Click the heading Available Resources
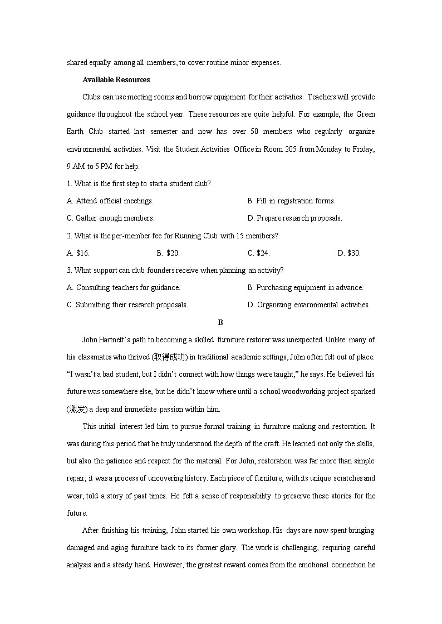click(x=116, y=79)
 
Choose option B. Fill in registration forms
click(x=291, y=201)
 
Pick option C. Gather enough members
click(x=110, y=218)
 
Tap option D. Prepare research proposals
click(x=294, y=218)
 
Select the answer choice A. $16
click(x=78, y=253)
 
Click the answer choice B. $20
click(x=168, y=253)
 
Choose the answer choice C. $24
click(x=258, y=253)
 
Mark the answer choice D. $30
click(x=349, y=253)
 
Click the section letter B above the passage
click(x=220, y=322)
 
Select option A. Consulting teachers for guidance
click(x=124, y=287)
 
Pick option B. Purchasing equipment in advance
click(x=305, y=287)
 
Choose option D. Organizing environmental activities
click(x=308, y=304)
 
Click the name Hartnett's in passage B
click(x=115, y=340)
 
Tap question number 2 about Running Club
click(x=68, y=236)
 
